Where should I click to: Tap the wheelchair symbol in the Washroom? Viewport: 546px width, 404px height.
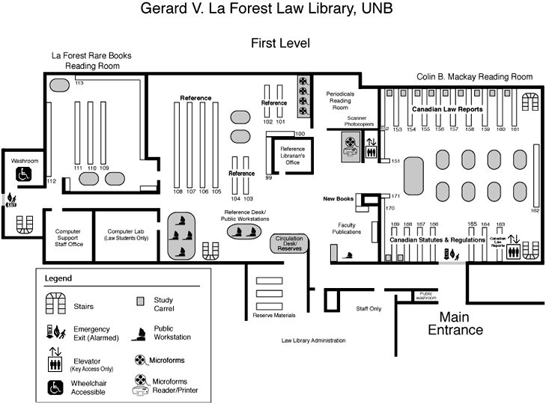click(25, 174)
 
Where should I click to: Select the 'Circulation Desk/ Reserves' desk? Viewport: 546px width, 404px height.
click(289, 243)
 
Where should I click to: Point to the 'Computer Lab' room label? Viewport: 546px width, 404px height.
click(127, 235)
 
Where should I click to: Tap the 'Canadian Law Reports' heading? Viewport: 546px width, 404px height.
click(448, 109)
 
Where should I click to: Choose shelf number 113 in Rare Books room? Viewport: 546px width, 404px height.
click(79, 83)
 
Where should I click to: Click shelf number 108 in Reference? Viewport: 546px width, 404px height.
click(178, 192)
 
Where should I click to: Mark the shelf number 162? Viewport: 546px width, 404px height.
click(534, 211)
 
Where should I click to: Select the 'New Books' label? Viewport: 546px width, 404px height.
click(338, 199)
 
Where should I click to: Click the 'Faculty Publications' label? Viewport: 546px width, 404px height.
click(346, 229)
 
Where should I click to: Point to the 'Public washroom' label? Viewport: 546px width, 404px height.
click(426, 296)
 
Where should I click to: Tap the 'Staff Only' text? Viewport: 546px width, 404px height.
click(368, 307)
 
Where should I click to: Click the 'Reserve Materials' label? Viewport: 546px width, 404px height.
click(274, 315)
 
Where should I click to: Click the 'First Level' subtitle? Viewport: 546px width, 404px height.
click(280, 43)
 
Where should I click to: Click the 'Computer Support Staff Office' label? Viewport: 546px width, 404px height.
click(67, 238)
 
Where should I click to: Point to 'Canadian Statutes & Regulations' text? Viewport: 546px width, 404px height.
click(437, 239)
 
